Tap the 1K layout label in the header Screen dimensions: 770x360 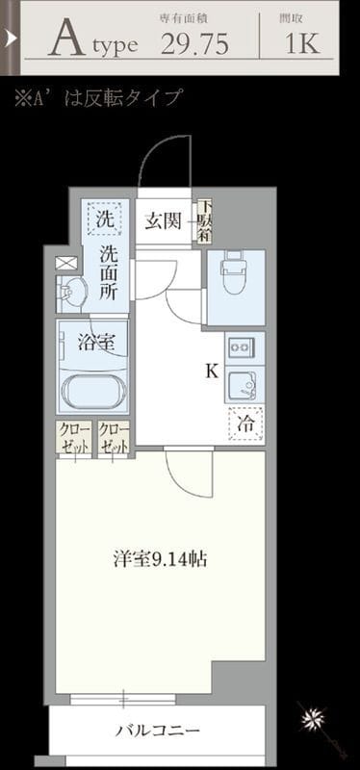click(x=303, y=42)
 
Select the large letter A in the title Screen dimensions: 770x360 click(x=64, y=39)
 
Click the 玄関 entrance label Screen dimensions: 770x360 click(x=163, y=221)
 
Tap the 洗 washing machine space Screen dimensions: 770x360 click(x=105, y=218)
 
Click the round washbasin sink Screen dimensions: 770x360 click(x=69, y=291)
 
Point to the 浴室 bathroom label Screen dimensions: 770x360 click(x=95, y=341)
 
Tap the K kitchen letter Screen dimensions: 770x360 click(x=210, y=371)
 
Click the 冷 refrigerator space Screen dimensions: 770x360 click(x=245, y=421)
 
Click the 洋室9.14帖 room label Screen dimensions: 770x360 click(x=159, y=558)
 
